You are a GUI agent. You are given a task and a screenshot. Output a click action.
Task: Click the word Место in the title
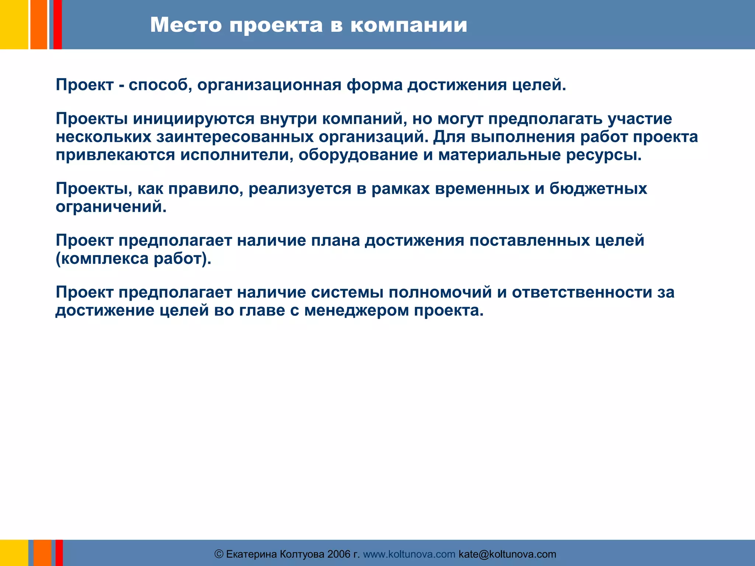(186, 25)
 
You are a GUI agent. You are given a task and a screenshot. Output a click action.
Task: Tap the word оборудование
(358, 155)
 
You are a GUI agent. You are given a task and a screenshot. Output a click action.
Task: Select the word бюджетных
(598, 189)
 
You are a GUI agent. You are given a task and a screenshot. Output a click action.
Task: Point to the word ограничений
(111, 207)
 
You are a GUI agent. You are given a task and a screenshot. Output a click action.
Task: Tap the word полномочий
(440, 293)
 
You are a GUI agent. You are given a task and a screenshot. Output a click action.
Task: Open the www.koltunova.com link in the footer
(409, 554)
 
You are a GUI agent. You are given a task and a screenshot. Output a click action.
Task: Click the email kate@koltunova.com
(507, 554)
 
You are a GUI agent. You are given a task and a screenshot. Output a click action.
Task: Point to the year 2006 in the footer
(339, 554)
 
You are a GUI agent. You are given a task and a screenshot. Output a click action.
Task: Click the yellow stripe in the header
(14, 24)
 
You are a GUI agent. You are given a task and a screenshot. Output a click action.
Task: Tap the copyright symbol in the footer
(219, 554)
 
